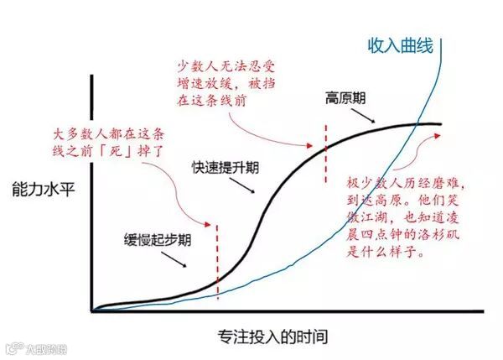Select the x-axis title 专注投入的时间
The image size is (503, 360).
pyautogui.click(x=262, y=337)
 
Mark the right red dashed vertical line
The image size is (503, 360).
pyautogui.click(x=324, y=151)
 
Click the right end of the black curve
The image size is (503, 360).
pyautogui.click(x=440, y=125)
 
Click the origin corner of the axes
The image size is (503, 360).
pyautogui.click(x=92, y=311)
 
